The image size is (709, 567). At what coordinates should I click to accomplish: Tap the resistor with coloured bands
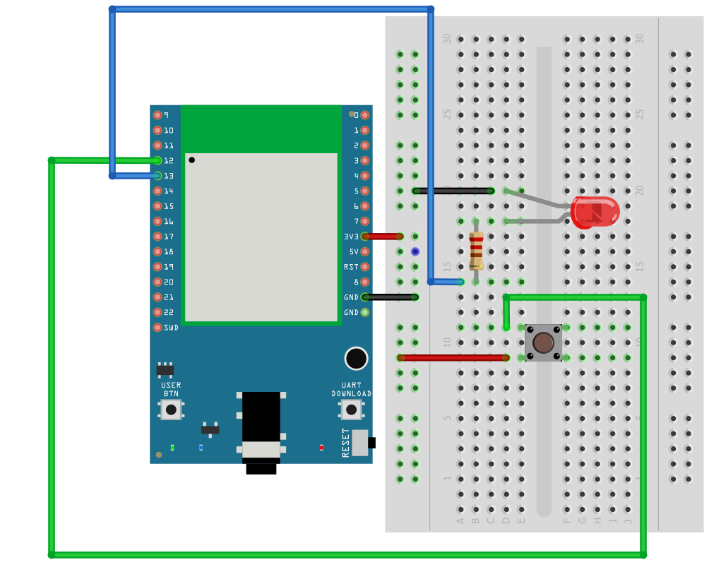pos(476,251)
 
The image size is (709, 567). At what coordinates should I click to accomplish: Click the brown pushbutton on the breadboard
pos(543,342)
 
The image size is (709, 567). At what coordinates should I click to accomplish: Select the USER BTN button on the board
pos(171,410)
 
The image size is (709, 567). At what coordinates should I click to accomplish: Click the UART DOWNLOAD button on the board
pos(351,410)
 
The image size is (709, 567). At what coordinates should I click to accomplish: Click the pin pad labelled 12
pos(157,160)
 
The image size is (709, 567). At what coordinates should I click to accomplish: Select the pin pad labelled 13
pos(157,176)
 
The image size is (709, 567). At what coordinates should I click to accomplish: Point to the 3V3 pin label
pos(351,237)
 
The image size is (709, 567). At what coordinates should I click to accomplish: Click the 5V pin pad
pos(365,252)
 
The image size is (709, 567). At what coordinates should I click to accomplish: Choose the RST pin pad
pos(365,267)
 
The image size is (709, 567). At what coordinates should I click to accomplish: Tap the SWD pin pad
pos(157,328)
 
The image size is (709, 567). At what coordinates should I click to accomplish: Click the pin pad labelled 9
pos(157,115)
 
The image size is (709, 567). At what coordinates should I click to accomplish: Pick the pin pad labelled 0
pos(365,115)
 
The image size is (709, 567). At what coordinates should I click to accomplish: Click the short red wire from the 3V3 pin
pos(383,237)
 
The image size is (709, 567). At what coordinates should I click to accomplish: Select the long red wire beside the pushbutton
pos(453,358)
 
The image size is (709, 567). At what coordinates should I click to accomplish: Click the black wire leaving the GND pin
pos(391,297)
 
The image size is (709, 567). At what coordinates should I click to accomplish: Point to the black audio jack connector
pos(261,433)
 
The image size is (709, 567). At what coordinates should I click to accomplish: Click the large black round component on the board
pos(357,359)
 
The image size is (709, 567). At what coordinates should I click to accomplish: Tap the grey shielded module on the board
pos(261,237)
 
